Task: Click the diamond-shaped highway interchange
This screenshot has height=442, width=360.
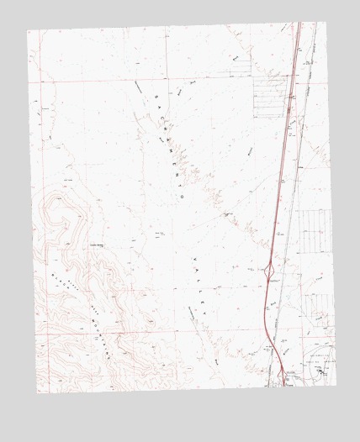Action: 268,271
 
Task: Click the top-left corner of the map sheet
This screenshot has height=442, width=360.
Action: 27,32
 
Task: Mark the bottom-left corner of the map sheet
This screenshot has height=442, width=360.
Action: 39,392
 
